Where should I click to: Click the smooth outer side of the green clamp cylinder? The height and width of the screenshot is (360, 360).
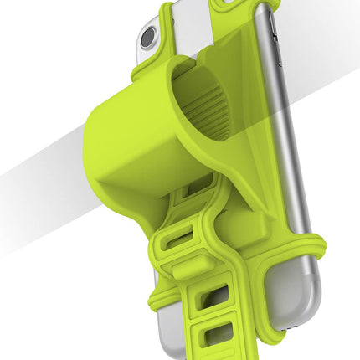[126, 142]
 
